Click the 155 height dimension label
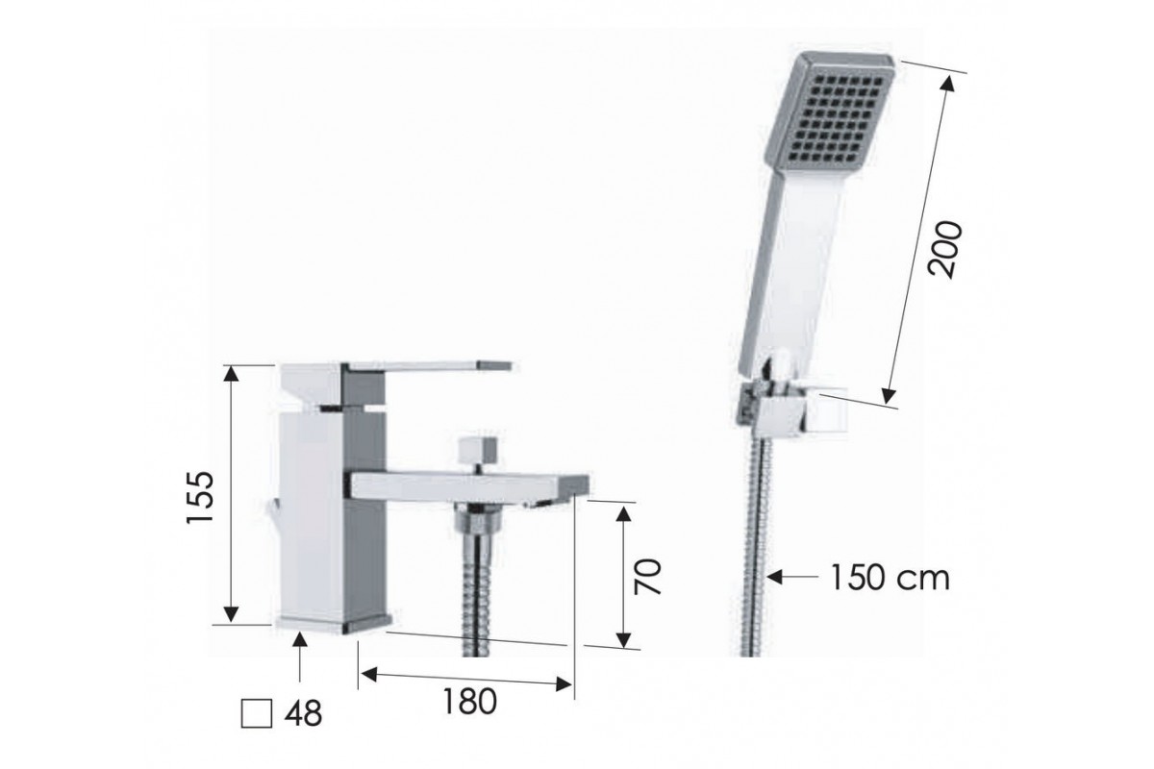point(200,497)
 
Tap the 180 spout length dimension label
point(469,701)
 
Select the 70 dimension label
point(647,577)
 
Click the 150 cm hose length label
point(890,578)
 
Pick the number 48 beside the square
point(303,713)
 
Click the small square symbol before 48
point(257,713)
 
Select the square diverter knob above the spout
point(479,450)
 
